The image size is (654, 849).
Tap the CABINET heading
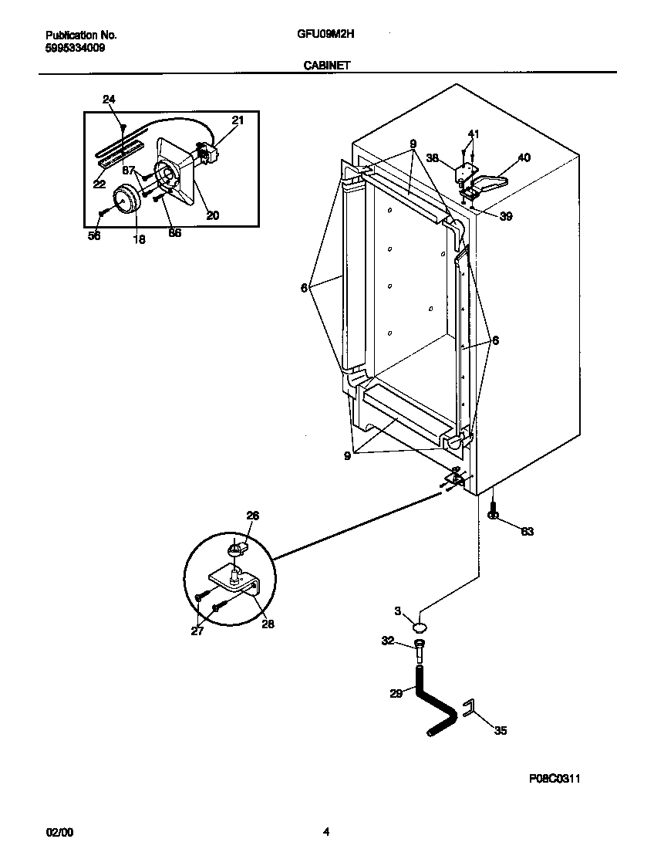[x=326, y=66]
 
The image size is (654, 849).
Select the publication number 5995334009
[x=76, y=47]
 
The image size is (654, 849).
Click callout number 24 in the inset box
[x=109, y=99]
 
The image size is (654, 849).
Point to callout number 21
[x=238, y=120]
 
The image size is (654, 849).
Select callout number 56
[x=94, y=237]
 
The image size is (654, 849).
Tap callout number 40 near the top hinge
[x=524, y=158]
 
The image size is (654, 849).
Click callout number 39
[x=505, y=216]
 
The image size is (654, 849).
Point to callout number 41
[x=473, y=134]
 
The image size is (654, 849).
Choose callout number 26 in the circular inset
[x=252, y=516]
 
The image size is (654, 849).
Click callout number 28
[x=268, y=624]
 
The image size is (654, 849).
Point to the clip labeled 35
[x=467, y=709]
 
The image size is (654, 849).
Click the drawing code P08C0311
[x=554, y=780]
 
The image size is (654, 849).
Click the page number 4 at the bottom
[x=326, y=832]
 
